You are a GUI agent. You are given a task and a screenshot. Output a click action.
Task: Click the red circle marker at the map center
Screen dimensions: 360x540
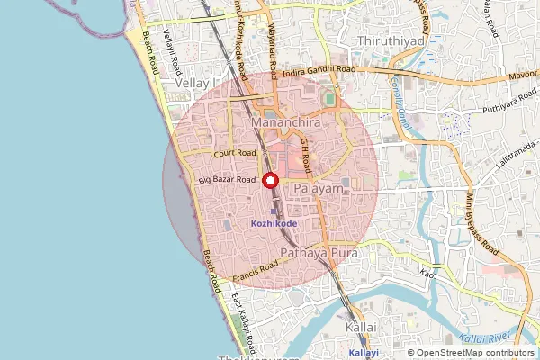[x=270, y=180]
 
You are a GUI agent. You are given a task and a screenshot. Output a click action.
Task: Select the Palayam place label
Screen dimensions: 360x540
[x=319, y=189]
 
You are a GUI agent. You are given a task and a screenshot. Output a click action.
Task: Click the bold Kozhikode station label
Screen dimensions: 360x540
[x=274, y=223]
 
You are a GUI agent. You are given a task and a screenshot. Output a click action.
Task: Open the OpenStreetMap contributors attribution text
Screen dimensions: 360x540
[x=472, y=353]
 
